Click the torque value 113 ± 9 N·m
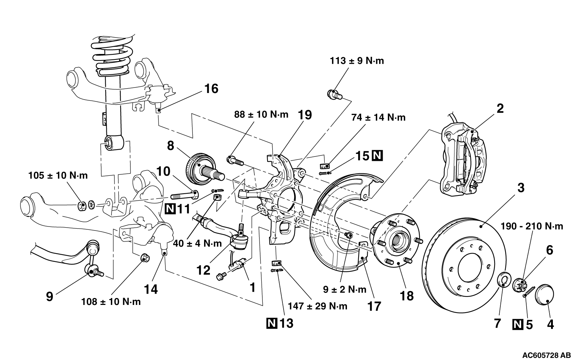357,61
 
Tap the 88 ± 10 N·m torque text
261,115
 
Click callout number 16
211,89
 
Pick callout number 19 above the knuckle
305,115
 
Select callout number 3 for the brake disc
521,188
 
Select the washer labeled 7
503,280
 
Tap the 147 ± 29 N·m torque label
317,306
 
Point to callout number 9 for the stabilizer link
50,296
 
